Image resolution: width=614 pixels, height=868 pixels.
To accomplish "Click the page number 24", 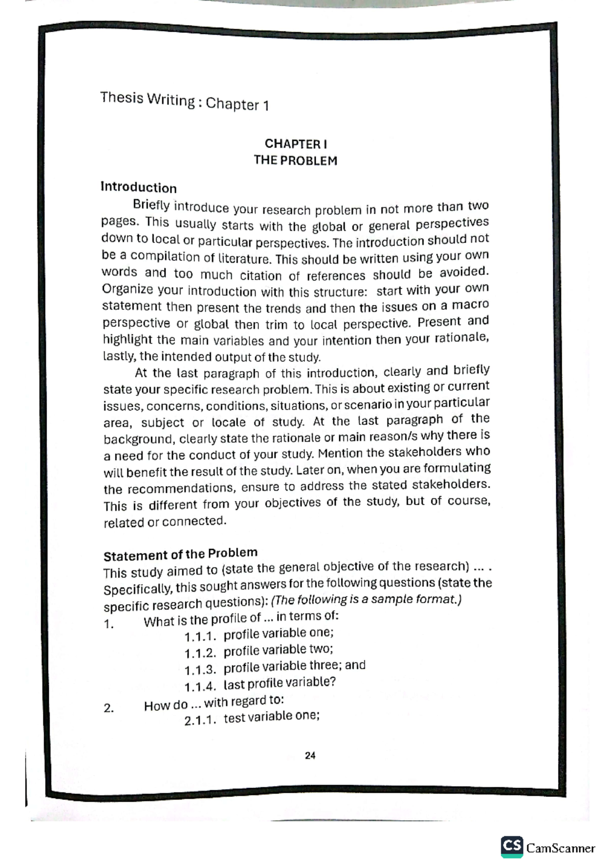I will click(310, 756).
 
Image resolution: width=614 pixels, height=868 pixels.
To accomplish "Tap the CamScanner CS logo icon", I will click(512, 847).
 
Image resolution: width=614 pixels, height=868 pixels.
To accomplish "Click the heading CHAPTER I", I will click(296, 144).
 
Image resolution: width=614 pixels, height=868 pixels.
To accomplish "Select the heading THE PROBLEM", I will click(296, 161).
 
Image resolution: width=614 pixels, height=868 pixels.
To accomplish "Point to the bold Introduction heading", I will click(139, 187).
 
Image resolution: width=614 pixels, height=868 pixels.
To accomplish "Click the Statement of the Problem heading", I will click(180, 554).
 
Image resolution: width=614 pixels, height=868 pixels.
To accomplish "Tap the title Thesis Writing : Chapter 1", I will click(185, 101).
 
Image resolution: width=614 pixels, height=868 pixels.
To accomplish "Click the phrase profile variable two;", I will click(278, 650).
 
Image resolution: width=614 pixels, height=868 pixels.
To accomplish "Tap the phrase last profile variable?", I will click(279, 683).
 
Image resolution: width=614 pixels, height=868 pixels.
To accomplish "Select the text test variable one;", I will click(272, 717).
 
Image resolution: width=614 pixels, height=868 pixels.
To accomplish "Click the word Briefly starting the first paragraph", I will click(151, 205).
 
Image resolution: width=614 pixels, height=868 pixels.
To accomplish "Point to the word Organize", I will click(128, 289).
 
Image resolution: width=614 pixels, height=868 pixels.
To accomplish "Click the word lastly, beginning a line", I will click(119, 356).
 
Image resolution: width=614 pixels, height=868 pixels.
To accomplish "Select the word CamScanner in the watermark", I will click(561, 848).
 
